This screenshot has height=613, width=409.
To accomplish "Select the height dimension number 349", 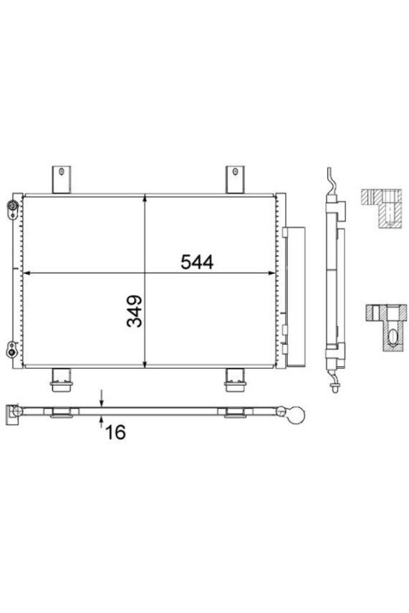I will [135, 311].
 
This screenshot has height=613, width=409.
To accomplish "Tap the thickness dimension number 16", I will [115, 432].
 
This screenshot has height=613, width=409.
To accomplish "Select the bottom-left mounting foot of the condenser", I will [61, 377].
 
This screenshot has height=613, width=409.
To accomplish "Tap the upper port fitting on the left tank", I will [11, 207].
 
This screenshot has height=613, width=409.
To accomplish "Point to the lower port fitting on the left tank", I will [11, 349].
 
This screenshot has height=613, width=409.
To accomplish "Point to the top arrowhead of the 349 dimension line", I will [145, 199].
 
